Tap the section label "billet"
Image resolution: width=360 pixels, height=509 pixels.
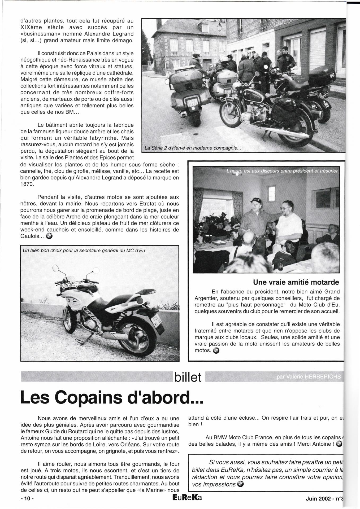coord(188,377)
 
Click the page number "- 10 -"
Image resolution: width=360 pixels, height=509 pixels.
coord(27,498)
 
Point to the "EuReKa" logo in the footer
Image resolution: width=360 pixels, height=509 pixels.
coord(187,498)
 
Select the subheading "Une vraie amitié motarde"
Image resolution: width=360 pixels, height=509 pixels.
coord(296,282)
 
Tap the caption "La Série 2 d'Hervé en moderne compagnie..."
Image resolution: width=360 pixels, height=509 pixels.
coord(193,148)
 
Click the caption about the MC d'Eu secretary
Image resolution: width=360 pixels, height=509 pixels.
coord(84,250)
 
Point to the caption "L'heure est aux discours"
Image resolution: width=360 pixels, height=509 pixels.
coord(282,171)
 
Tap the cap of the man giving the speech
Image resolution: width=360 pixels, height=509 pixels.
coord(256,200)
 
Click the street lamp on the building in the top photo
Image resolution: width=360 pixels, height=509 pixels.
coord(219,26)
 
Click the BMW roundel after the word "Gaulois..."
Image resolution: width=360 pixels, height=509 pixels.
coord(49,236)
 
